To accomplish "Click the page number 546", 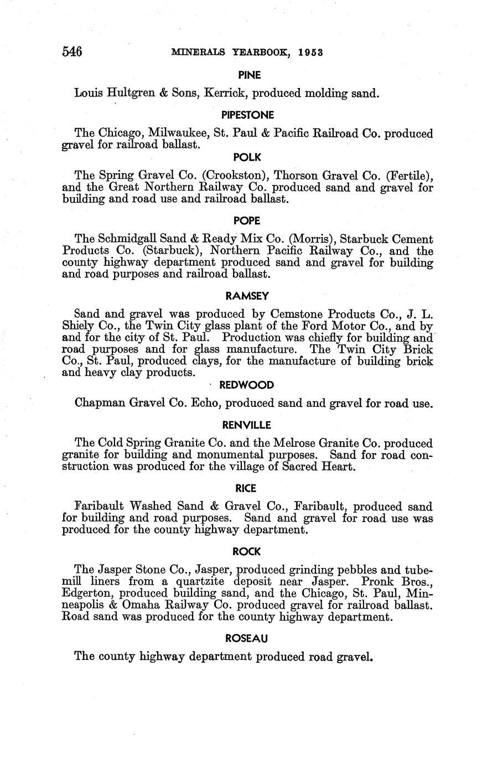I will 72,52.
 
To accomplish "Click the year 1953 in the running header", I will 310,53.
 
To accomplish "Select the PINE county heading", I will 249,75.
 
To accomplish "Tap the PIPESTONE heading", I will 247,115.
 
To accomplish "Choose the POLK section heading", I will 247,157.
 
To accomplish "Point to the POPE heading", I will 247,220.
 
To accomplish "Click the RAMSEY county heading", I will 247,296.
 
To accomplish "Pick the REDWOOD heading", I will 247,385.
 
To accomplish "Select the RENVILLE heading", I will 247,425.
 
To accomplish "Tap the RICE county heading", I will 247,488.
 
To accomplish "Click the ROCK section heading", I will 247,551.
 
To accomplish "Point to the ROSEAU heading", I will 247,638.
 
